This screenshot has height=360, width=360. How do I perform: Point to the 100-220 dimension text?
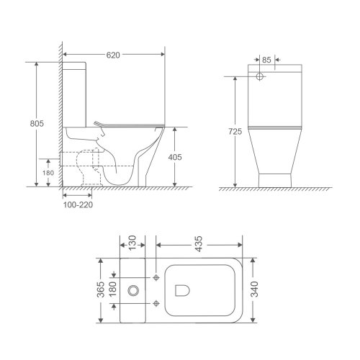click(77, 204)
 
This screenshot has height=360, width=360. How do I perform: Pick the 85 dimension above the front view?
click(266, 60)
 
